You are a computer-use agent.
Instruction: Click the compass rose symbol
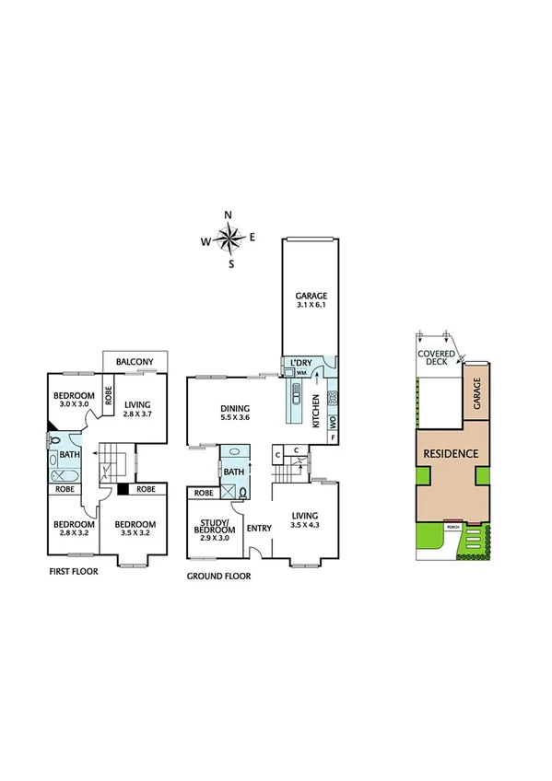tap(230, 239)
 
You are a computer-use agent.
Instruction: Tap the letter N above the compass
tap(229, 216)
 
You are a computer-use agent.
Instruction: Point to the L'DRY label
tap(301, 363)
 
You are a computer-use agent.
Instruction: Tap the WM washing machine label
tap(300, 373)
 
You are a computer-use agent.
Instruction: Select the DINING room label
tap(237, 409)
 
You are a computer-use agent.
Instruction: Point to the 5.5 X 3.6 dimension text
tap(237, 418)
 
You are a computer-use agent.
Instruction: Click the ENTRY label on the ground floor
tap(259, 528)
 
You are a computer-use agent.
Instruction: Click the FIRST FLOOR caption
tap(73, 571)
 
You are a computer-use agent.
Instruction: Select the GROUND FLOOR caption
tap(218, 576)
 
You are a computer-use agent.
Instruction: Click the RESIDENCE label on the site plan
tap(451, 453)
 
